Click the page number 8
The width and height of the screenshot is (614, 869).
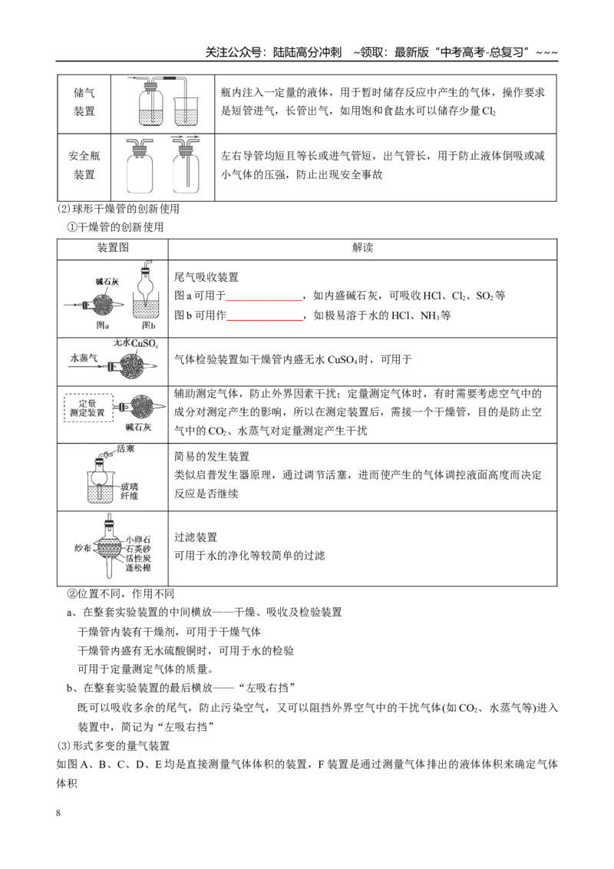click(58, 813)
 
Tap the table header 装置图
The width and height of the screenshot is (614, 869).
click(113, 248)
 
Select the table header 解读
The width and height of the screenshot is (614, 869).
click(362, 248)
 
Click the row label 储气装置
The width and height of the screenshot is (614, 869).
click(84, 102)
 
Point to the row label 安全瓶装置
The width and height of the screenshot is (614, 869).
click(84, 165)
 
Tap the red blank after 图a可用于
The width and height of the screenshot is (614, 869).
click(264, 300)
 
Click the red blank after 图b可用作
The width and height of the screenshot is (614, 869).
click(264, 320)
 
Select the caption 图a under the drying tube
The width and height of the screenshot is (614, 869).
click(103, 325)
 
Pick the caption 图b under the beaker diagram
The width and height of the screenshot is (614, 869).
click(149, 325)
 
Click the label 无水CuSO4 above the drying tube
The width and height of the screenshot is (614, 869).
click(136, 344)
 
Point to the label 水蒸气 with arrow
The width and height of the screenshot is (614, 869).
click(83, 358)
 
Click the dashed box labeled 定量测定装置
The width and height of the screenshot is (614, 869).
click(88, 408)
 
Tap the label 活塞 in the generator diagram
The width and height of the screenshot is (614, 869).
click(126, 449)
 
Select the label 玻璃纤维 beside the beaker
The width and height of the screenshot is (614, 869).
click(130, 491)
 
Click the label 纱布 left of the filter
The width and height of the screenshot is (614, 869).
click(83, 547)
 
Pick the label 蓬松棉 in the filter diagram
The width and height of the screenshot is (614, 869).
click(138, 568)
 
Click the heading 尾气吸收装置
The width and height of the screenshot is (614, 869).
click(206, 277)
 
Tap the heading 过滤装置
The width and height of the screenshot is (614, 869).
click(196, 537)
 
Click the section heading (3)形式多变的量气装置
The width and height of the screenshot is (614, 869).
click(113, 745)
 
